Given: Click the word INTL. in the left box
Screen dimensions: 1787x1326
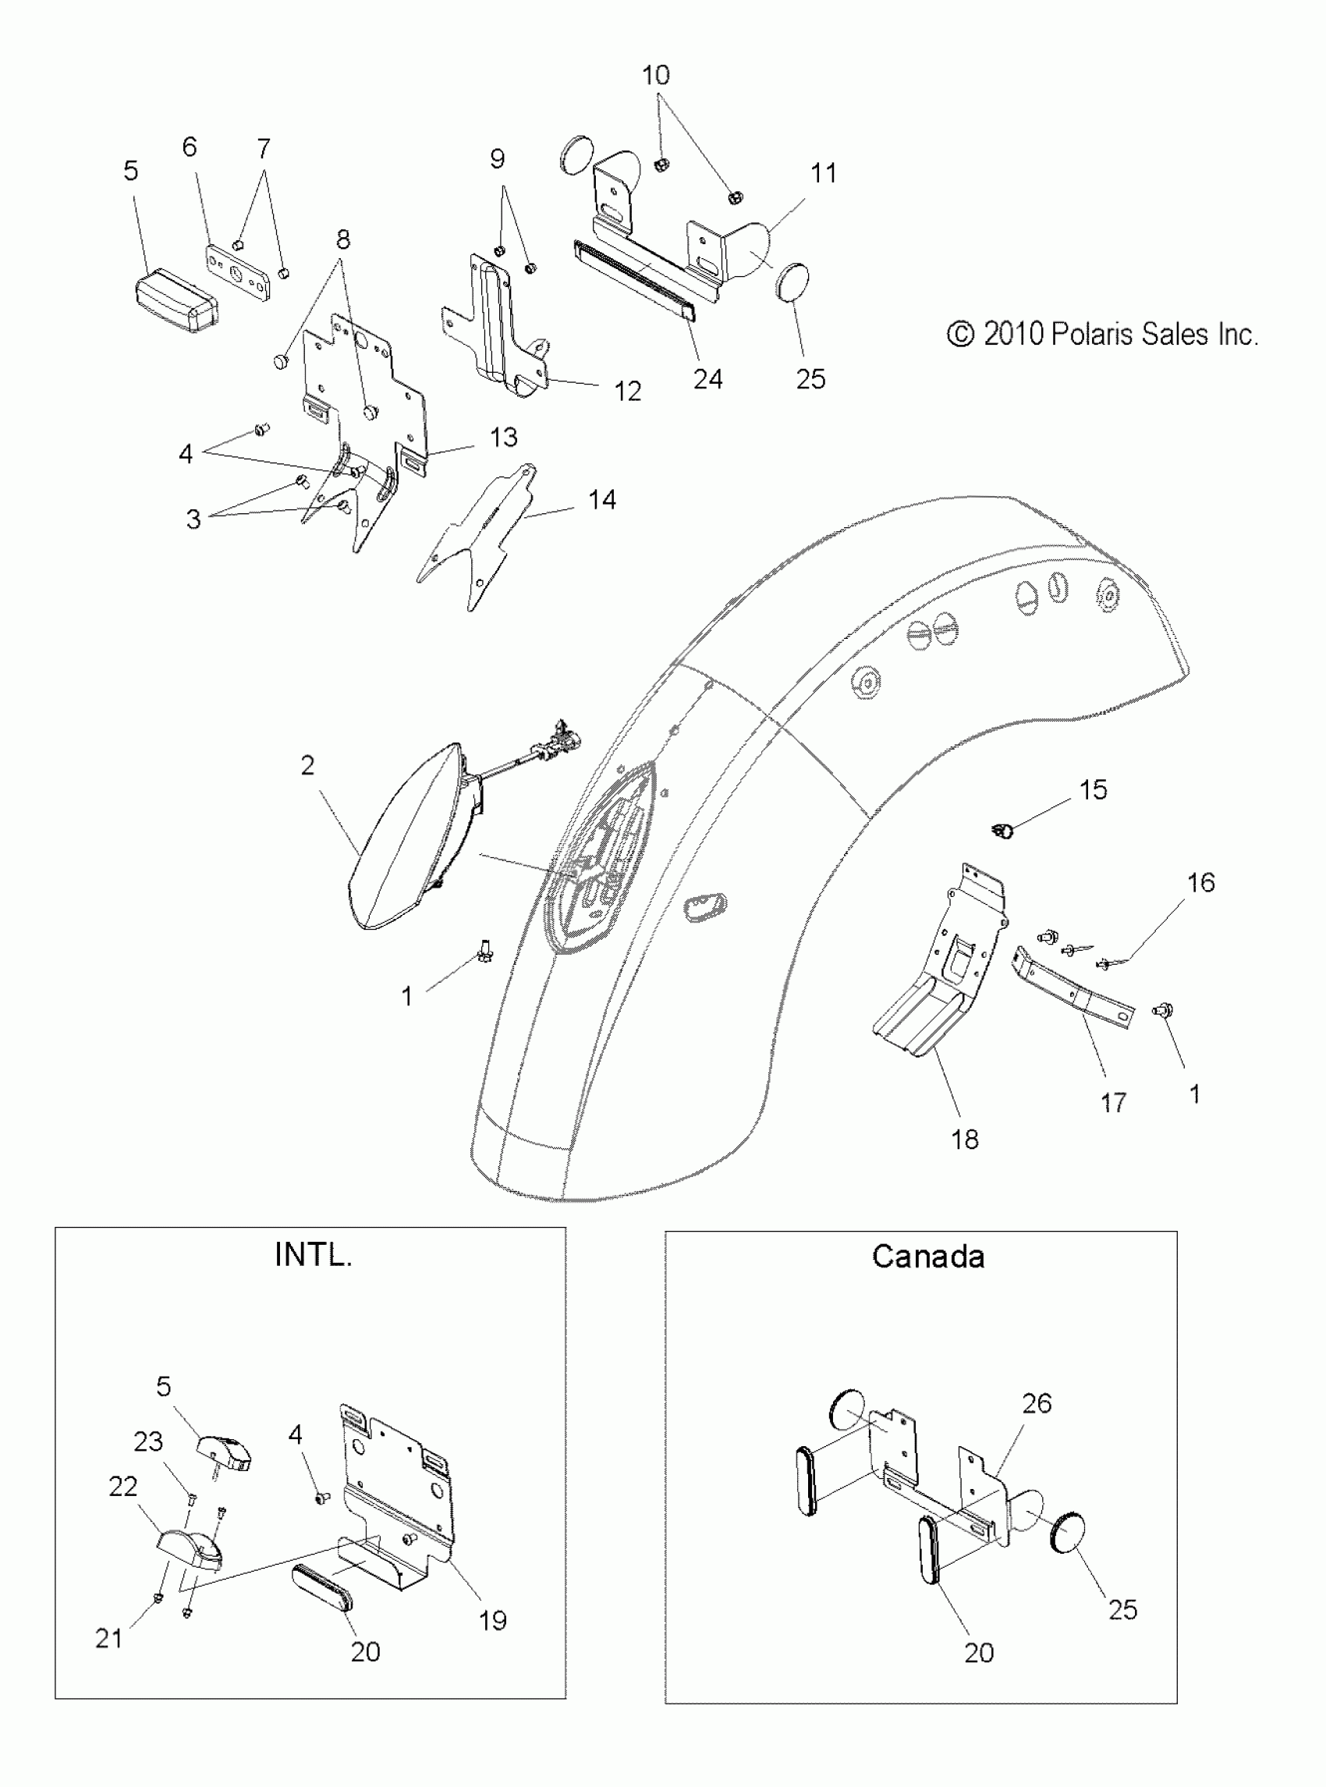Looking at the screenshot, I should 313,1254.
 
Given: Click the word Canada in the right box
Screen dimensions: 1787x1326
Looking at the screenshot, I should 928,1257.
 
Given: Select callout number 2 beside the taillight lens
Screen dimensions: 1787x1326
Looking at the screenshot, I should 307,765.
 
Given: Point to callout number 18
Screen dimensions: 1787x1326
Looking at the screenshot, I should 964,1138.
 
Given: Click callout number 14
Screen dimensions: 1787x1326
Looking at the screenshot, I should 602,500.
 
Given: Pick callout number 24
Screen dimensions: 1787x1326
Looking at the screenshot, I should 707,379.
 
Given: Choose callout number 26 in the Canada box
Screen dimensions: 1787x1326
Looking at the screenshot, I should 1037,1403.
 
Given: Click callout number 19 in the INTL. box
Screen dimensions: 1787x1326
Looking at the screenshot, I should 493,1620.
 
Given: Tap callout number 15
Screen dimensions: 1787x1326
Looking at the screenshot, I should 1094,789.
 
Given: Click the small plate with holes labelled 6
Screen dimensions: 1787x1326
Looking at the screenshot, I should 238,272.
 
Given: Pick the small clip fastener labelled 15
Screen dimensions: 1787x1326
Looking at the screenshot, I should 1003,831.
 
